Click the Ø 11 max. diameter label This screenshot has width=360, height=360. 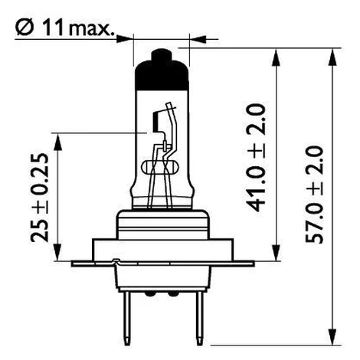pyautogui.click(x=64, y=28)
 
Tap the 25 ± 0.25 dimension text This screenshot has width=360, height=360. pyautogui.click(x=40, y=198)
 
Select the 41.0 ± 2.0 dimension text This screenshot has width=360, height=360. pyautogui.click(x=255, y=158)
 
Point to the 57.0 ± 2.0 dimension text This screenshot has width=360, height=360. pyautogui.click(x=314, y=195)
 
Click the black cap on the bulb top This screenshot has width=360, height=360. pyautogui.click(x=162, y=70)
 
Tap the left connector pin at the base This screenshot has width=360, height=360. pyautogui.click(x=127, y=319)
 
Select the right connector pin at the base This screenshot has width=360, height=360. pyautogui.click(x=199, y=319)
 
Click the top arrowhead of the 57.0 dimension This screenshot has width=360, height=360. pyautogui.click(x=332, y=57)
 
